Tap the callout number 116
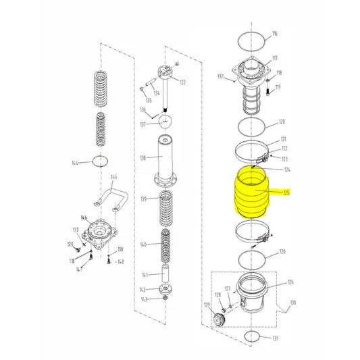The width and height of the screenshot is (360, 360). (274, 34)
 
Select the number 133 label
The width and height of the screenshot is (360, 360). (182, 82)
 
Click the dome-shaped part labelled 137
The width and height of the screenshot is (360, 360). (164, 122)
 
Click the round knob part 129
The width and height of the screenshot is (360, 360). (220, 319)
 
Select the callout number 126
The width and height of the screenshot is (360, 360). (290, 282)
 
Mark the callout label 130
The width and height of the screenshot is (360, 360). (292, 303)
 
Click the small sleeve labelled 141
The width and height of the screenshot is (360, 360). (165, 277)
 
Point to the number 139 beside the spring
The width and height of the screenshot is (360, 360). (143, 199)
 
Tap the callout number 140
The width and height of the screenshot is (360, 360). (143, 244)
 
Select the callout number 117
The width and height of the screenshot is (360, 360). (275, 58)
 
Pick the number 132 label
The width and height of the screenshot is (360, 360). (220, 77)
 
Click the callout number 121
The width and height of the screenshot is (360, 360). (283, 139)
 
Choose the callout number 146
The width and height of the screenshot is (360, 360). (85, 218)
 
